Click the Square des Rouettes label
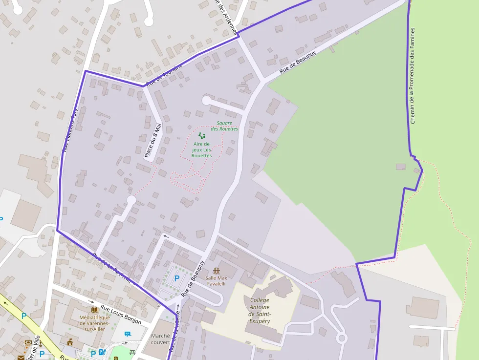pyautogui.click(x=224, y=126)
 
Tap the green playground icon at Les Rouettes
pyautogui.click(x=201, y=136)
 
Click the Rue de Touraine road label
pyautogui.click(x=165, y=75)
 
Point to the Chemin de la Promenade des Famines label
pyautogui.click(x=413, y=76)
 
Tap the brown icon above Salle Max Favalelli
pyautogui.click(x=217, y=270)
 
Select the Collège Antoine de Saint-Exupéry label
pyautogui.click(x=260, y=311)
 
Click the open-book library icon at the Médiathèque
pyautogui.click(x=94, y=310)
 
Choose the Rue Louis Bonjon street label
pyautogui.click(x=121, y=315)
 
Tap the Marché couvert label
pyautogui.click(x=160, y=339)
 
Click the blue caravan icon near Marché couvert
pyautogui.click(x=128, y=334)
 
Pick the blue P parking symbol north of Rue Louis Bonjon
pyautogui.click(x=176, y=278)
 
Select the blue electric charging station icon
pyautogui.click(x=102, y=352)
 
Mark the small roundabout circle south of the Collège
pyautogui.click(x=342, y=338)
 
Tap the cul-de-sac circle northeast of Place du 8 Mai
pyautogui.click(x=206, y=100)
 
